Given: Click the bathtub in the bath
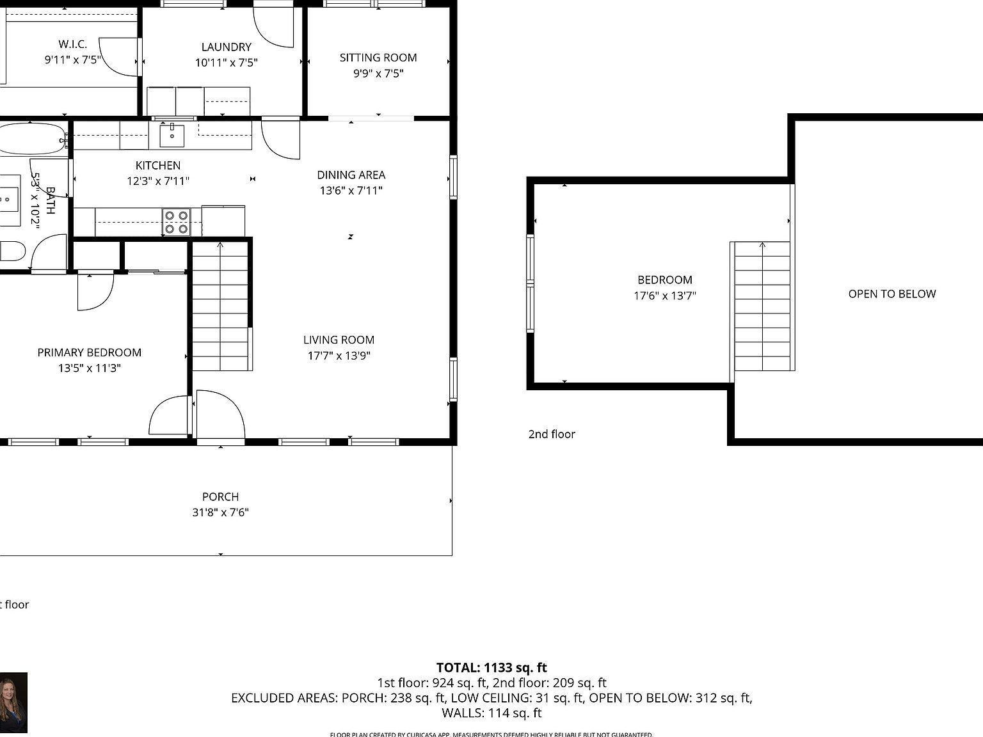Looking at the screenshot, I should (31, 138).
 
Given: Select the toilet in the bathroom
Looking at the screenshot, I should (11, 251).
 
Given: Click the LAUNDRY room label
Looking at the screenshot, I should (226, 47).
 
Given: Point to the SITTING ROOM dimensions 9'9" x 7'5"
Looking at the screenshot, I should (378, 74).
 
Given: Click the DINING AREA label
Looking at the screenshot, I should (351, 175).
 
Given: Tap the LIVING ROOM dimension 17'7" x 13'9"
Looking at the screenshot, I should (339, 356).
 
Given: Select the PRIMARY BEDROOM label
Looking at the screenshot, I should (89, 353).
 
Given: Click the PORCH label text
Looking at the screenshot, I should (220, 497).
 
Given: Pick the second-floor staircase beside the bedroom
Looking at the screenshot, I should (762, 306).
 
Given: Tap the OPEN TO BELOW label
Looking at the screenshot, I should (891, 294).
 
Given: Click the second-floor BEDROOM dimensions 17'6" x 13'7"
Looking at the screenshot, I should (664, 296).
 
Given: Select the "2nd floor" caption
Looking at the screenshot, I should (551, 434).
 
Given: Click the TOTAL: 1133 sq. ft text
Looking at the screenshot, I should (491, 669).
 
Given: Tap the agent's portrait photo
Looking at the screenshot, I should (13, 702).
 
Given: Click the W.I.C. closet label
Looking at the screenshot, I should (72, 44).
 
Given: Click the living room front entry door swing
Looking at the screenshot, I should (220, 416).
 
